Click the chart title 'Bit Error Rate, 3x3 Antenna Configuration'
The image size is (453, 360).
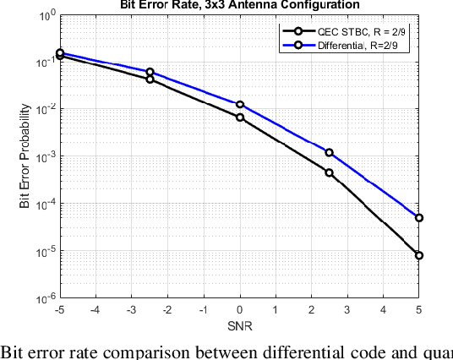point(240,5)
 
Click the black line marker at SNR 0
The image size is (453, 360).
point(240,117)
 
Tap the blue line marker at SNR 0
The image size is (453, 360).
point(240,105)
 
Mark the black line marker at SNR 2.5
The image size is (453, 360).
point(330,172)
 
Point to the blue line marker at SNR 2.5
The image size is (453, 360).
point(330,153)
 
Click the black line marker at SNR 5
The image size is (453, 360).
point(419,255)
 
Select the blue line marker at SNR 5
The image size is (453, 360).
point(419,218)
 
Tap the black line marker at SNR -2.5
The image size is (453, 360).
point(150,79)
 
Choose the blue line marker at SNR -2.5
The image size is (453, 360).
point(150,73)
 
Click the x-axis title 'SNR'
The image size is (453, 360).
point(240,326)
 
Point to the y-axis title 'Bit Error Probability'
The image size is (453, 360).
point(25,156)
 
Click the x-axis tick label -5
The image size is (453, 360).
point(60,311)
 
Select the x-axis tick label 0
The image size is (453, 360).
point(240,311)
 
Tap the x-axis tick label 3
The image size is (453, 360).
point(347,311)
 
